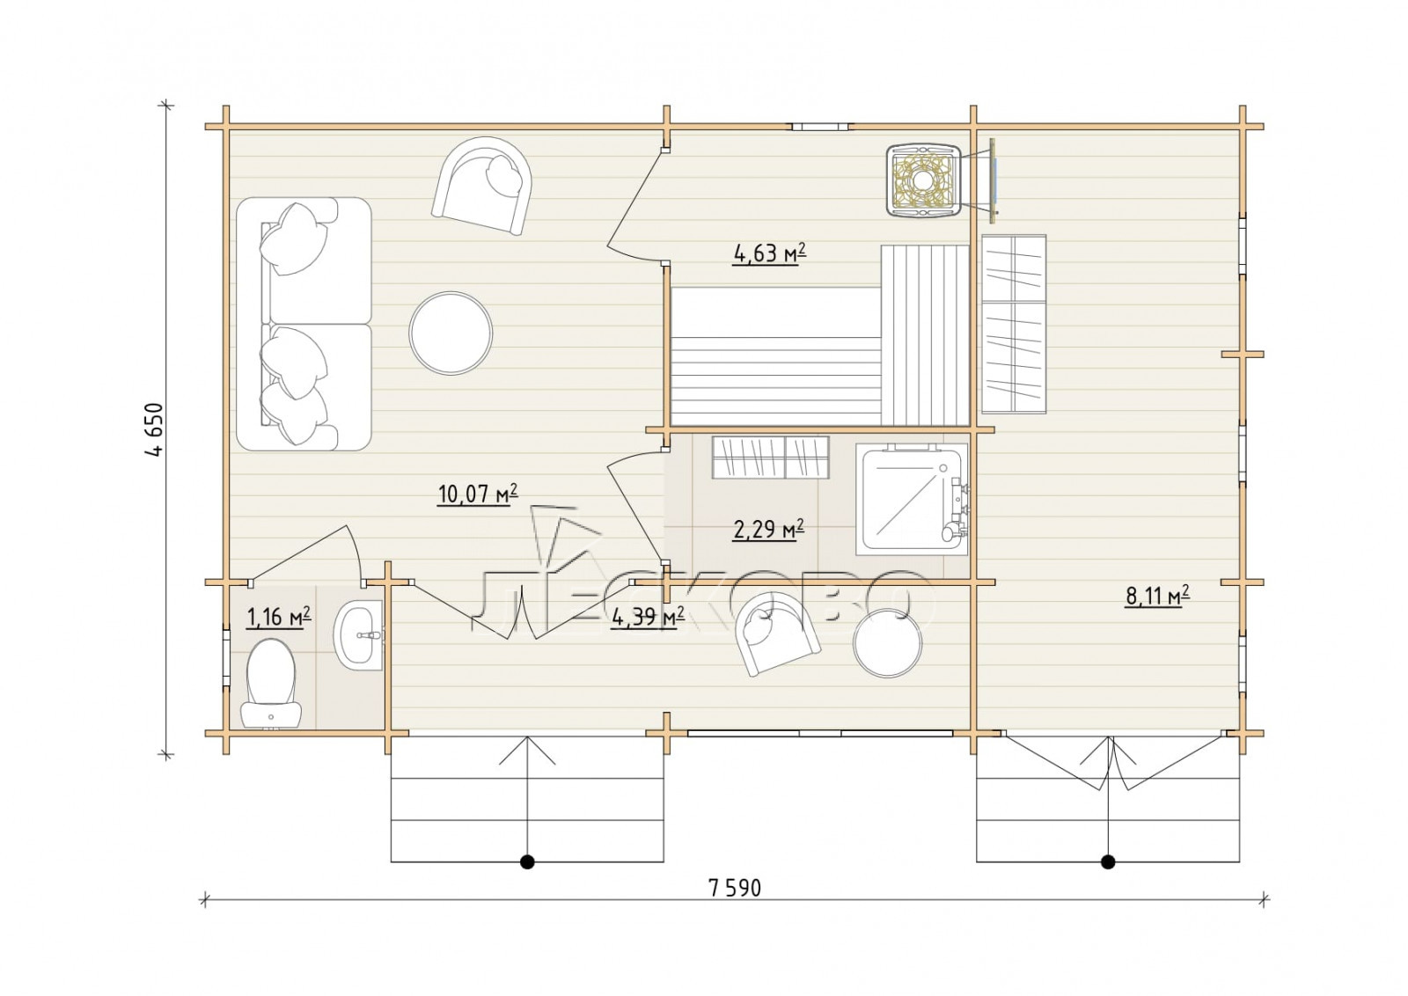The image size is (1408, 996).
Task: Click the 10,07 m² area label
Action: [478, 494]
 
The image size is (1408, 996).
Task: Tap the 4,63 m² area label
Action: [770, 254]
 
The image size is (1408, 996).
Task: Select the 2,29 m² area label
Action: [769, 530]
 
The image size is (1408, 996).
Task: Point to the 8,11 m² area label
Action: [1157, 595]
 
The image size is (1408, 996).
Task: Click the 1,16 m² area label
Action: [279, 618]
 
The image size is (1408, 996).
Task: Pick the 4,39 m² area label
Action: [648, 618]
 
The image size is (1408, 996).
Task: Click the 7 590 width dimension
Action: [734, 888]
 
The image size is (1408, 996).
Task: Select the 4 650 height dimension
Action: [154, 430]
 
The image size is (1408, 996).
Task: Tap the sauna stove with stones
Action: [923, 181]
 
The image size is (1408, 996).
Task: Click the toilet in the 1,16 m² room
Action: [271, 683]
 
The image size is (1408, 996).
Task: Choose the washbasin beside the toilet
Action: [357, 634]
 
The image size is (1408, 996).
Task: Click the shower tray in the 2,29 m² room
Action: [911, 499]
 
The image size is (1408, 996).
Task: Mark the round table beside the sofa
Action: [451, 333]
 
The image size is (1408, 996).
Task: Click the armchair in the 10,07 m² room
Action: [482, 186]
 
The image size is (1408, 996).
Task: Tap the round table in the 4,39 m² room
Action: [888, 643]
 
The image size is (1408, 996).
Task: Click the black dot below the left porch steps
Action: [527, 861]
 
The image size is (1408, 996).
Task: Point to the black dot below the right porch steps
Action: [1108, 861]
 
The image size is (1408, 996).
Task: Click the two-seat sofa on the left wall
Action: [304, 325]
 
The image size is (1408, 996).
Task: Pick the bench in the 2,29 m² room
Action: [771, 457]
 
